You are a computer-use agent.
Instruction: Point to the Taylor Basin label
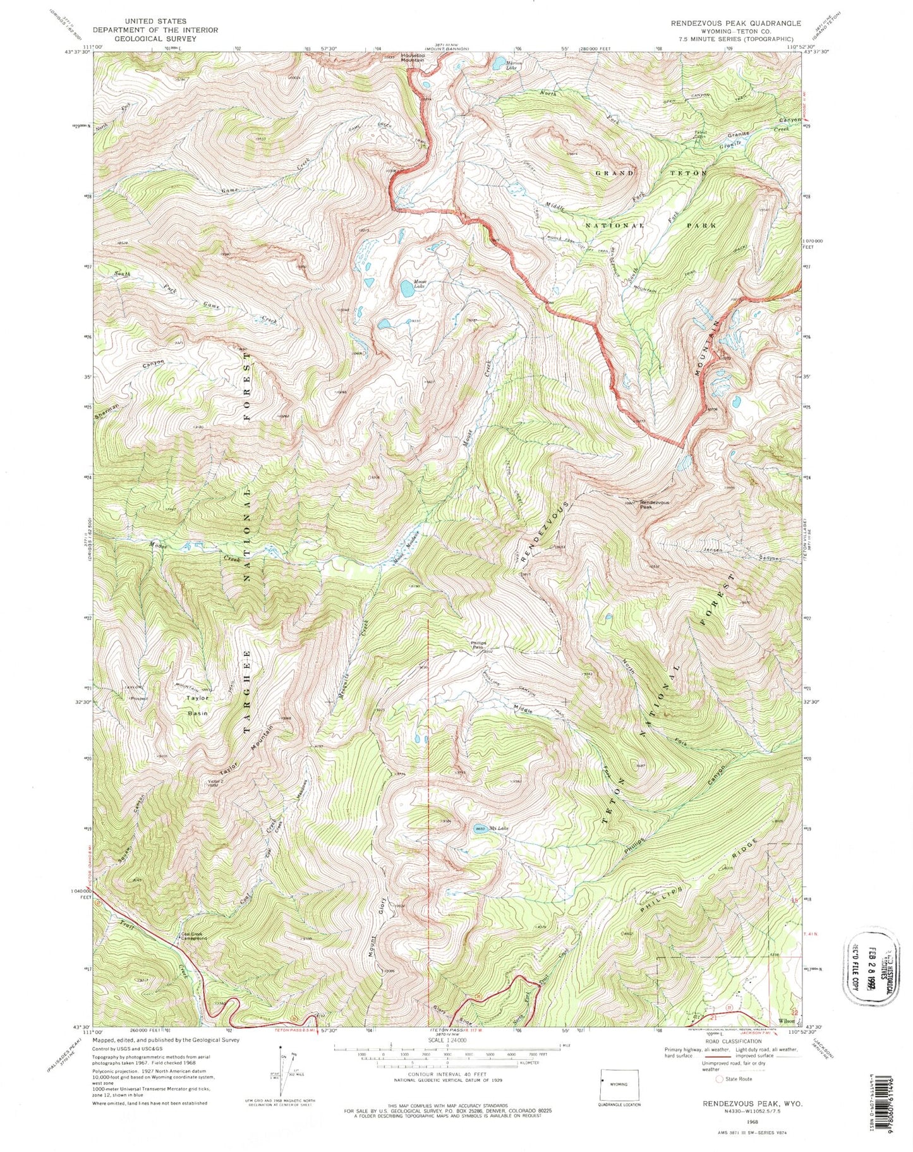pyautogui.click(x=197, y=705)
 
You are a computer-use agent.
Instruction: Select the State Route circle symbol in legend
pyautogui.click(x=719, y=1079)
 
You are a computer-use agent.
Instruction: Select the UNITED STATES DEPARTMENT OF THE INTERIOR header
pyautogui.click(x=155, y=30)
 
